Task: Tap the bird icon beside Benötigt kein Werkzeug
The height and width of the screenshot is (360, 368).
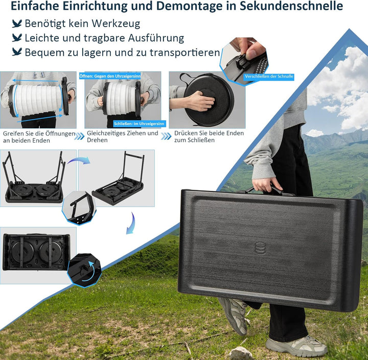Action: (17, 24)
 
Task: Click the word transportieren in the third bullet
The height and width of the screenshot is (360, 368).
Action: (185, 52)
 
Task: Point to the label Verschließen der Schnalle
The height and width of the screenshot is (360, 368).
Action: (269, 76)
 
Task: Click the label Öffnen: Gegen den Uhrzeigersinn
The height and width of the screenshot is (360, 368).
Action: (110, 76)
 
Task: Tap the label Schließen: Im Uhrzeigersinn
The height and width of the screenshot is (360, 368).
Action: (139, 124)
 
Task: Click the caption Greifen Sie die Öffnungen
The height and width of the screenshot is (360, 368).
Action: (39, 133)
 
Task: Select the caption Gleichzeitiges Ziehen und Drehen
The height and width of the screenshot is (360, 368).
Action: (123, 137)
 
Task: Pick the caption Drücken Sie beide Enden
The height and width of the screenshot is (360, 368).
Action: (209, 133)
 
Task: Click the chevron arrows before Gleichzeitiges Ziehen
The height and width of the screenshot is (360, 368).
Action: (79, 136)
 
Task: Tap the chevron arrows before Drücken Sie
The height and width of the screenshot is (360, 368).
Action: (166, 136)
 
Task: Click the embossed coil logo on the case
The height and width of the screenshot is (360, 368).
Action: (260, 248)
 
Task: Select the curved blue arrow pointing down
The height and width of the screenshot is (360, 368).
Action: (132, 223)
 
